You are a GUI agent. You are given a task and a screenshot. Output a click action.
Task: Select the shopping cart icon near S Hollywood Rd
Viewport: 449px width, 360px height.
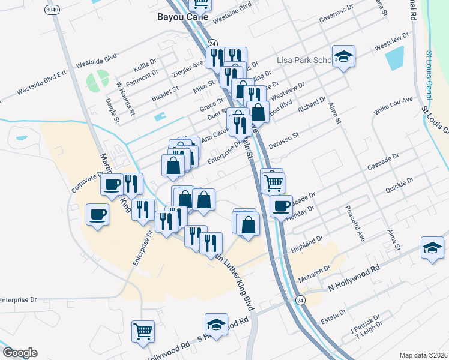(x=143, y=331)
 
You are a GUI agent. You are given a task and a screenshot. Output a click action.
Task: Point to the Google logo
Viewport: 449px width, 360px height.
(x=20, y=353)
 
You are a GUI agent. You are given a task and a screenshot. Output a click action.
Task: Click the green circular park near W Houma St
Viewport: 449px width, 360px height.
(x=97, y=80)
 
